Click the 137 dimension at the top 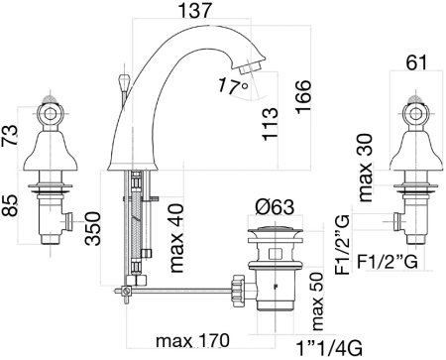click(x=194, y=10)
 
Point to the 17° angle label click(x=233, y=86)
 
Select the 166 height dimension click(x=303, y=97)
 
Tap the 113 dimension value click(x=270, y=124)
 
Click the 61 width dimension click(x=416, y=62)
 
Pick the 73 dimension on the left click(x=9, y=136)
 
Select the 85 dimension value click(x=9, y=205)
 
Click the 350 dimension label click(x=92, y=228)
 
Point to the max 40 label click(x=176, y=238)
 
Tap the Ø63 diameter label click(x=275, y=207)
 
